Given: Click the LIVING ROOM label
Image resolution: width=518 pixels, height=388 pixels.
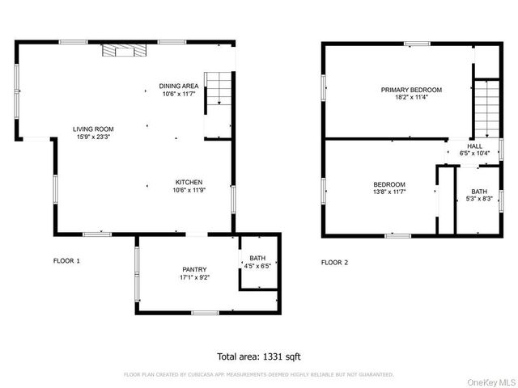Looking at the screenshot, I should click(93, 129).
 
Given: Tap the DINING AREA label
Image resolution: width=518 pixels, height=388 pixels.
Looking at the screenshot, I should click(179, 86).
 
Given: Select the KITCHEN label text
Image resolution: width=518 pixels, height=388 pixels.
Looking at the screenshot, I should click(187, 182).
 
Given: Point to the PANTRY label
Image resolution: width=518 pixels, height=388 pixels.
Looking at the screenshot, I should click(193, 269).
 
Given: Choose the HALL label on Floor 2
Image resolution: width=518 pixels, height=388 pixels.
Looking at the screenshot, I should click(475, 145).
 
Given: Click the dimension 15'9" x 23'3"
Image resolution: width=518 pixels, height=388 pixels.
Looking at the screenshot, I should click(93, 137).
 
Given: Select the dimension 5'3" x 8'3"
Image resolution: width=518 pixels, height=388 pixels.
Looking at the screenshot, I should click(480, 199).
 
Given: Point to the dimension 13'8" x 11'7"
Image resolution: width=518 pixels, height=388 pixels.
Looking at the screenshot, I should click(388, 192).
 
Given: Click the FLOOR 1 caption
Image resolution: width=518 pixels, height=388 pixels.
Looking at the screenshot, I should click(66, 261).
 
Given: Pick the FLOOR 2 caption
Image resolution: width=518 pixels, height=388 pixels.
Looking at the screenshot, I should click(334, 261).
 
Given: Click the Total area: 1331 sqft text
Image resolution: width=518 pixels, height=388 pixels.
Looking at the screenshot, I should click(259, 356).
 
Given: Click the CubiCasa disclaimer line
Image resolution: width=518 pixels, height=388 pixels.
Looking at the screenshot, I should click(259, 374).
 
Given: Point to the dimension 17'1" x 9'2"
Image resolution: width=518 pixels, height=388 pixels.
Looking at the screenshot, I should click(193, 277).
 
